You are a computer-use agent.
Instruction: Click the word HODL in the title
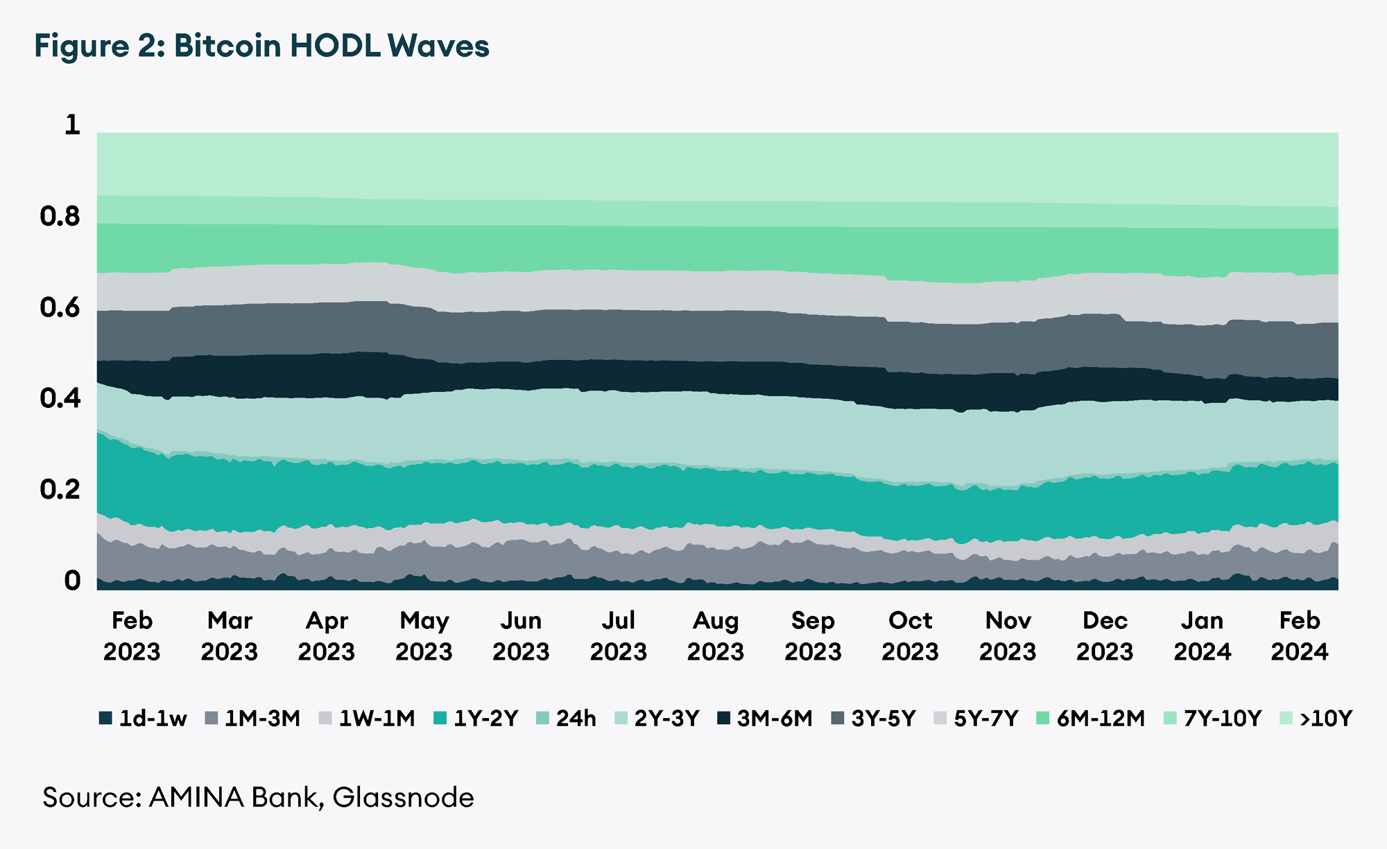(x=334, y=46)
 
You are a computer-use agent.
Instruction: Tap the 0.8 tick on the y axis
(x=60, y=217)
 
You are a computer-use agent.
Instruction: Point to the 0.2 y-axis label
(x=60, y=490)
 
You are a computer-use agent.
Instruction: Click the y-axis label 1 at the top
(x=72, y=126)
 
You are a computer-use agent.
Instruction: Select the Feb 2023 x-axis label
(x=132, y=636)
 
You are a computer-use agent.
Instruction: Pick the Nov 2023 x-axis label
(x=1007, y=636)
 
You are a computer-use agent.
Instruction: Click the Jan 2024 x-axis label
(x=1202, y=636)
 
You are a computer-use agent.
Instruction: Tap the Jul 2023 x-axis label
(x=618, y=636)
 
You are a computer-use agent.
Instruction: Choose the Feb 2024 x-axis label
(x=1299, y=636)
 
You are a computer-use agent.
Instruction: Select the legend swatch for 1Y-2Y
(x=440, y=719)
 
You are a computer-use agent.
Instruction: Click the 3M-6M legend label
(x=775, y=719)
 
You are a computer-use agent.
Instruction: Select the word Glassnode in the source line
(x=403, y=798)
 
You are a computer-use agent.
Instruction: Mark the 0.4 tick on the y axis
(x=60, y=399)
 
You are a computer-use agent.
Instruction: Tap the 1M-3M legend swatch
(x=212, y=719)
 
